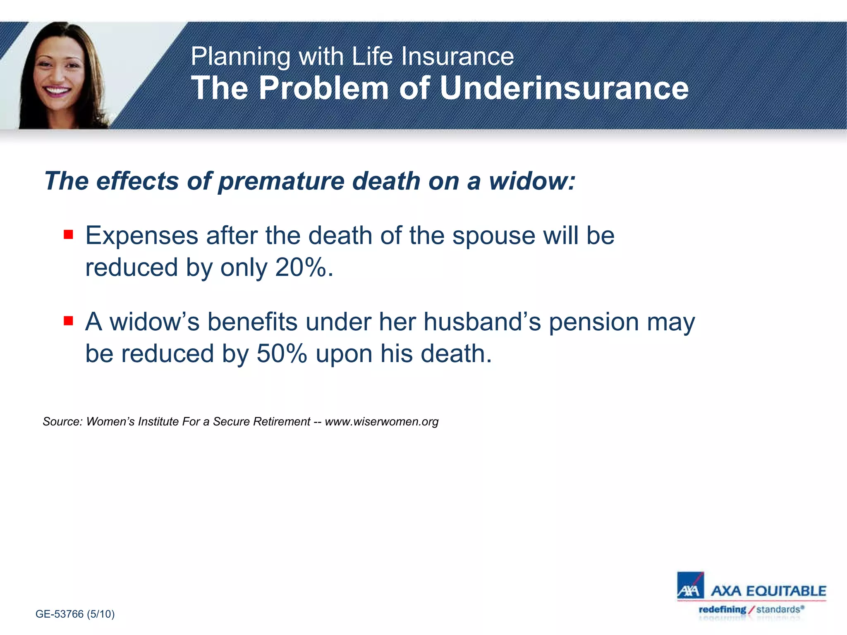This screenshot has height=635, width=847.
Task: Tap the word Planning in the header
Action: click(240, 57)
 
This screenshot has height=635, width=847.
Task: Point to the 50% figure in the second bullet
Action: click(282, 354)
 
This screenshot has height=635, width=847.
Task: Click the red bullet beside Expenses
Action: click(68, 235)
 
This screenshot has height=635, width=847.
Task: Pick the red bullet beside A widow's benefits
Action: click(68, 321)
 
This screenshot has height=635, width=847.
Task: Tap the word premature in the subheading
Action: click(281, 182)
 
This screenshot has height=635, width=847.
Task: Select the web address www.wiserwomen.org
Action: click(381, 422)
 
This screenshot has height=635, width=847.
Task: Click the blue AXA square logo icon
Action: click(690, 585)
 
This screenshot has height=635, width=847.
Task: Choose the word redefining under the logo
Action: click(722, 609)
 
